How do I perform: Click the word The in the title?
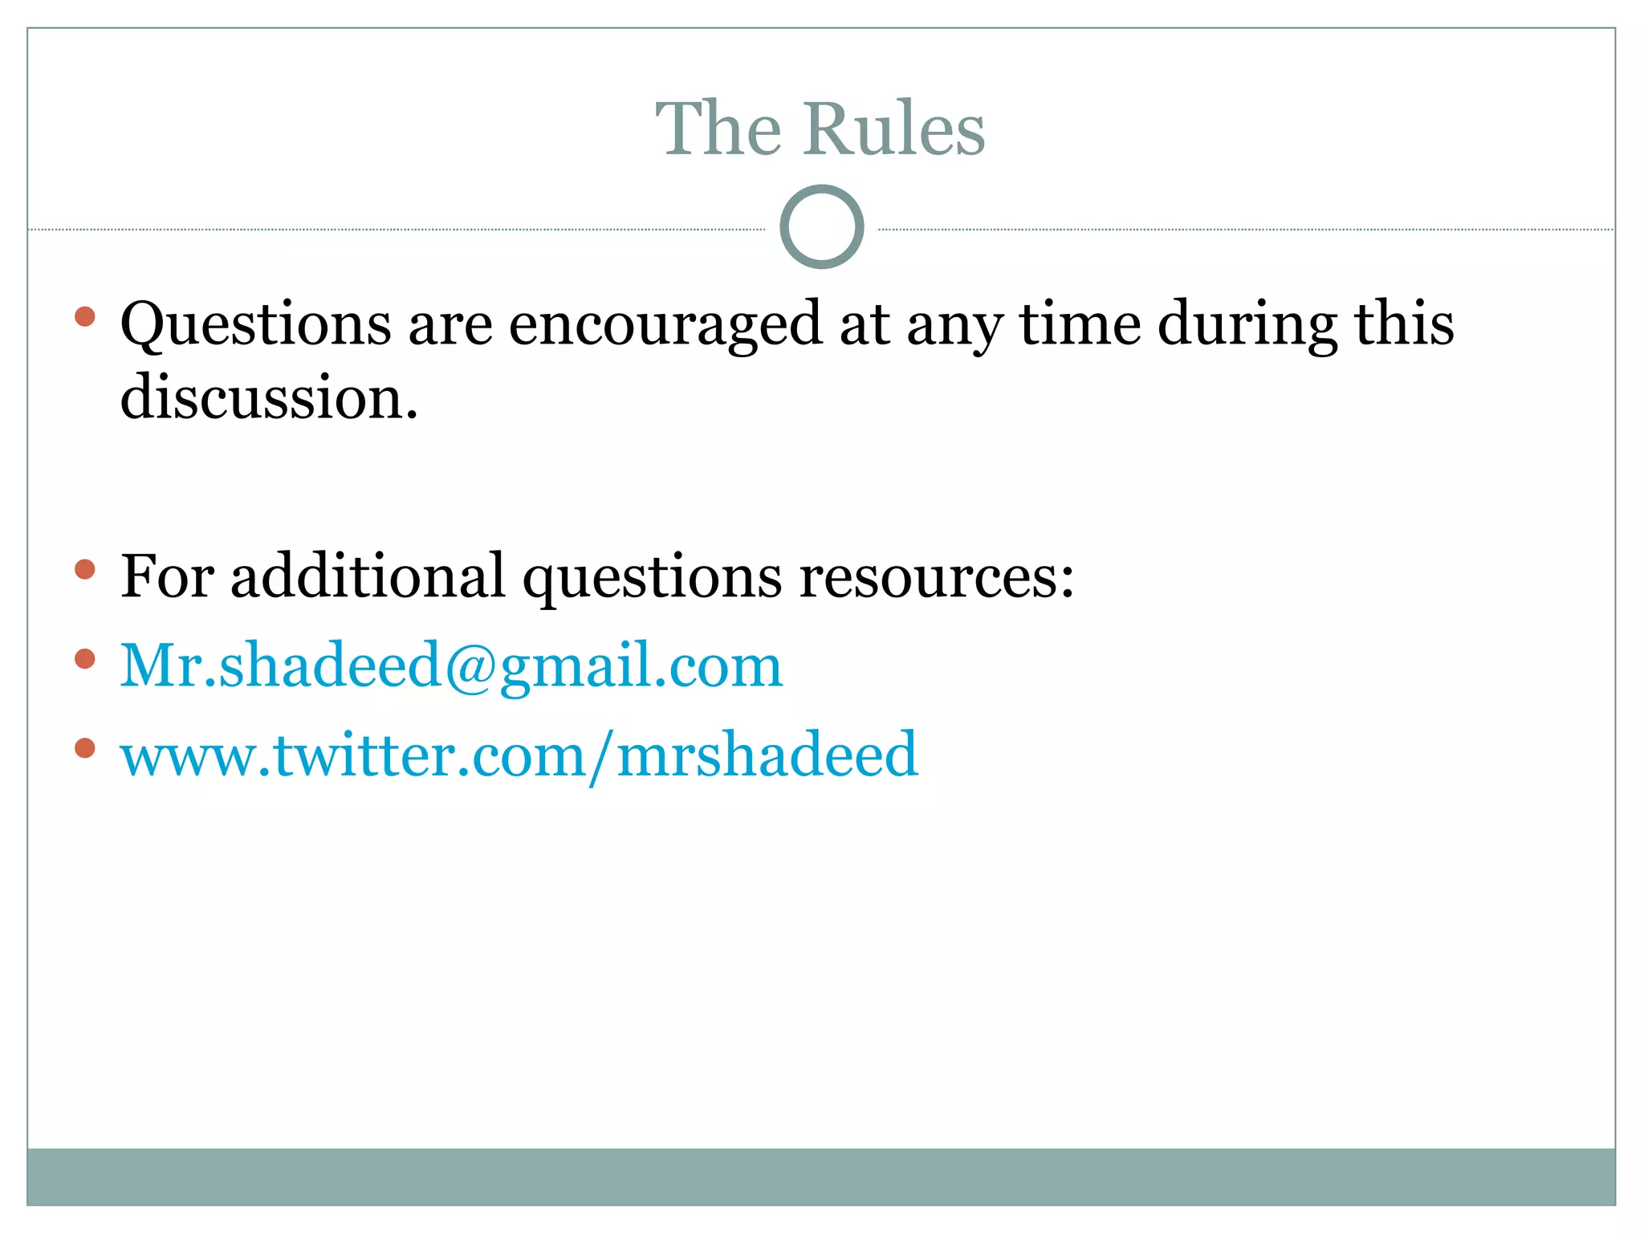point(718,129)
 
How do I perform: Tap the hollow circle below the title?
point(821,227)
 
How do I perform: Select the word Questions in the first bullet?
point(255,324)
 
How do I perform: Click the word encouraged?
point(665,324)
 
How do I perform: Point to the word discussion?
point(268,397)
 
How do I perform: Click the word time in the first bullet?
point(1080,324)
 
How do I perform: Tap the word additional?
point(368,576)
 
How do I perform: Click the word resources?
point(936,576)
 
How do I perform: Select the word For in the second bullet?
point(167,576)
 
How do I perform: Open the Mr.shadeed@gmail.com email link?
point(450,666)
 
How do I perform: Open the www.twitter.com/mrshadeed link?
point(519,755)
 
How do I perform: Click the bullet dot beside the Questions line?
point(84,316)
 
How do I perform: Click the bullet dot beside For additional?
point(84,570)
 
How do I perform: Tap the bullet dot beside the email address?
point(84,659)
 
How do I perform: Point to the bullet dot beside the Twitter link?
point(84,748)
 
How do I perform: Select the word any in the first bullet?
point(954,324)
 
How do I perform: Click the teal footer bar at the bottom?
point(821,1176)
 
